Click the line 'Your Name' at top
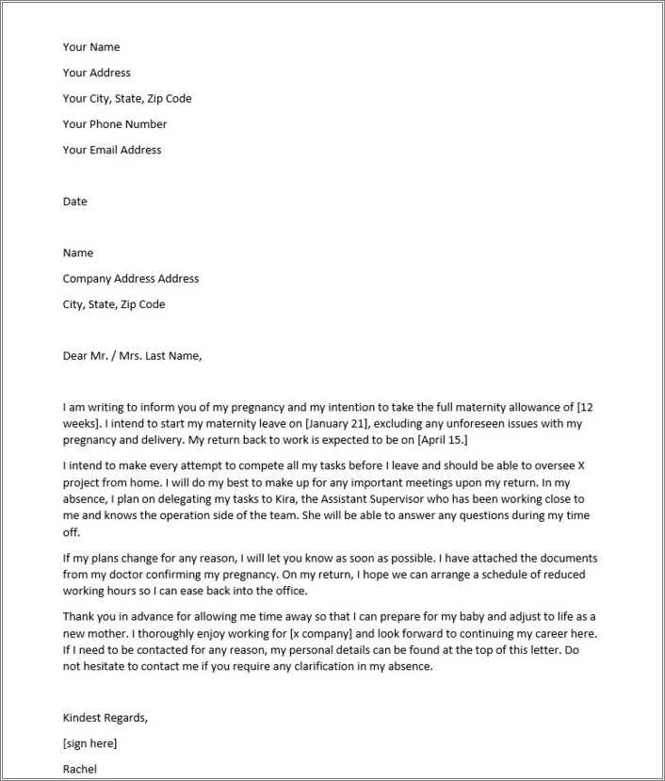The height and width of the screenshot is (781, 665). [x=91, y=47]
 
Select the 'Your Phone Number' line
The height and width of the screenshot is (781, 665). [x=115, y=124]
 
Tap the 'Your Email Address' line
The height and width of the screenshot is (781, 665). [x=112, y=150]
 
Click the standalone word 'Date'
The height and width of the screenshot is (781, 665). [x=74, y=202]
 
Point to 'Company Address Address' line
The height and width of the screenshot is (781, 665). [x=131, y=279]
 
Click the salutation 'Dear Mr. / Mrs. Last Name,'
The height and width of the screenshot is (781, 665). [x=132, y=356]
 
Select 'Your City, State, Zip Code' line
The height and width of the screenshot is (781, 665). [x=127, y=99]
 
